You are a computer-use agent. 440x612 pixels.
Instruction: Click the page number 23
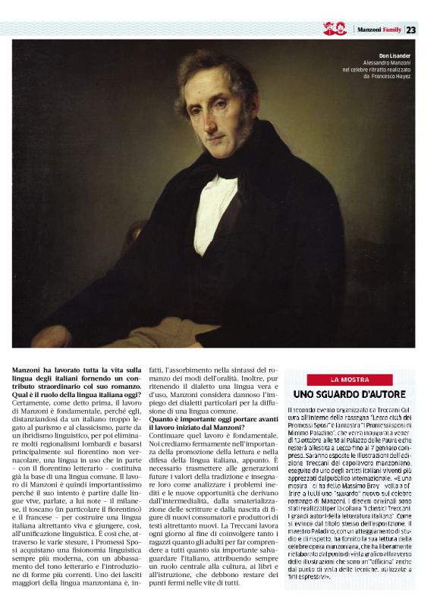[x=411, y=30]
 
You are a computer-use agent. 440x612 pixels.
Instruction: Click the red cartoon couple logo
[x=335, y=30]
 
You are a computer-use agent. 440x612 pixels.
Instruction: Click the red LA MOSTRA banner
[x=350, y=379]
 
